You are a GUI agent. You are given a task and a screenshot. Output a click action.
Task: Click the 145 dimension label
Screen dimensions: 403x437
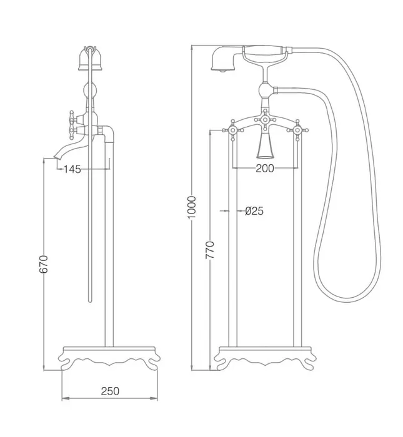(72, 169)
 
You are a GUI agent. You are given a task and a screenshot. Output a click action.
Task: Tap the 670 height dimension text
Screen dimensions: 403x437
(44, 263)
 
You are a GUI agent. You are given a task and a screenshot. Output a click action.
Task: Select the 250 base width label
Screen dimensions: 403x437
(110, 391)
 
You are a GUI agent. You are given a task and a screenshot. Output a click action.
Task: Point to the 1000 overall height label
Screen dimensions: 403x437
(192, 207)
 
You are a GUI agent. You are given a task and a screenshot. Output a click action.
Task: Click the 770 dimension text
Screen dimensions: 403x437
(210, 250)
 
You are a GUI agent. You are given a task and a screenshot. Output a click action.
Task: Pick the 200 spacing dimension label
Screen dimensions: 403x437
(265, 168)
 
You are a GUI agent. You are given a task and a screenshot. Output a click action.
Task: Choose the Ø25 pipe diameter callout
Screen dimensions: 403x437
(254, 211)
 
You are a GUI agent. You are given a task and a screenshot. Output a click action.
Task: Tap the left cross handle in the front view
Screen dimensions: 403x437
(233, 130)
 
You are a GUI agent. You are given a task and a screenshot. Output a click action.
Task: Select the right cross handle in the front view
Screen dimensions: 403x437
(297, 130)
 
